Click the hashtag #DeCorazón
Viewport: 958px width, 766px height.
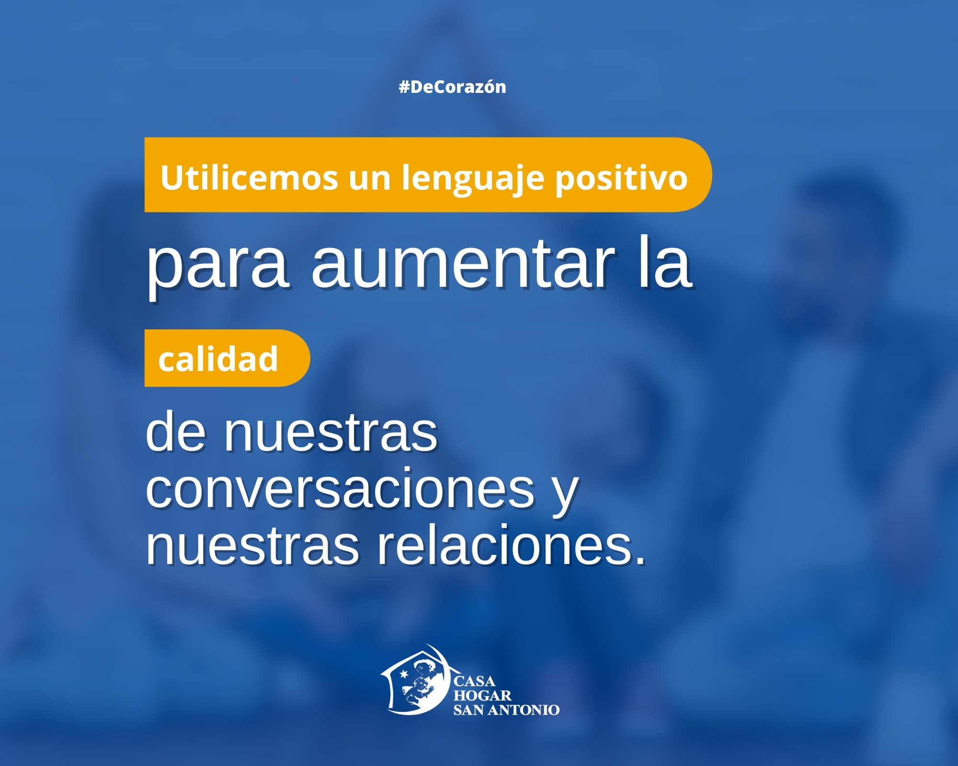(452, 87)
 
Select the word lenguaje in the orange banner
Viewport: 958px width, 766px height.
(473, 178)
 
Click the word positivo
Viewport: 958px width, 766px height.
(621, 178)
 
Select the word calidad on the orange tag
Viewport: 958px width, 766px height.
(218, 359)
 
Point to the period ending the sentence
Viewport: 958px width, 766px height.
(640, 560)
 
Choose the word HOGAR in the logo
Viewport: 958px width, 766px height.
(482, 695)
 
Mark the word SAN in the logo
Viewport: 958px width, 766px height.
(468, 710)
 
